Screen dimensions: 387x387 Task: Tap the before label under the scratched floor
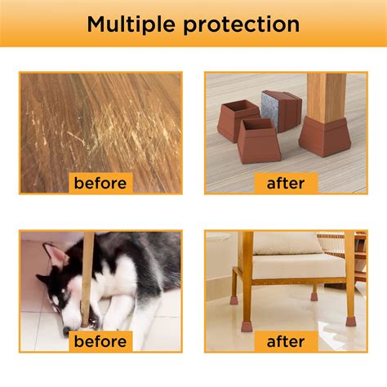point(100,182)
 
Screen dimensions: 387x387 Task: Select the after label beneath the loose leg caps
point(286,182)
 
